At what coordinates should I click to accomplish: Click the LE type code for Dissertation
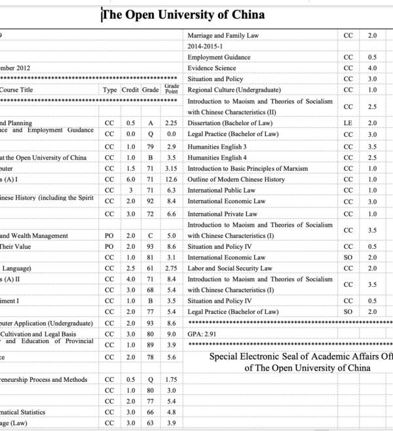pos(348,122)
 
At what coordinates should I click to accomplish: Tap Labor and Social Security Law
pos(229,269)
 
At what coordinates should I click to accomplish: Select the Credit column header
pos(130,89)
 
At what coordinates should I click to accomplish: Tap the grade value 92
pos(150,201)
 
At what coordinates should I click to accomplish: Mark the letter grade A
pos(150,122)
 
